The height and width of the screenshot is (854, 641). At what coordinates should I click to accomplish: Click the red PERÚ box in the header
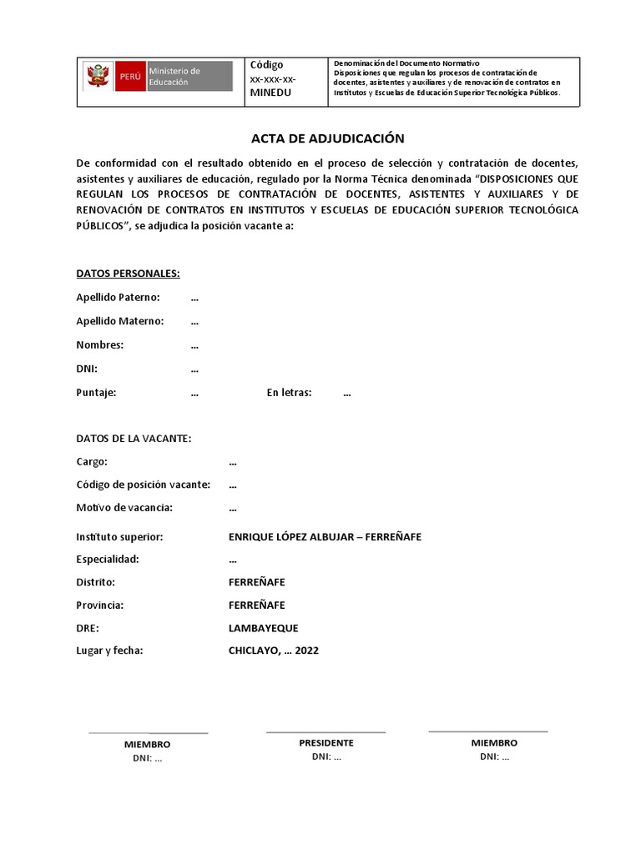point(130,76)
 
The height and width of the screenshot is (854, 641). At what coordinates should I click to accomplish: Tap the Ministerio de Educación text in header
point(174,76)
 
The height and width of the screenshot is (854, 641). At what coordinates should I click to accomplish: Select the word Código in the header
point(267,65)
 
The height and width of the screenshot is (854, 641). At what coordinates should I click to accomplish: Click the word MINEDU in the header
point(271,93)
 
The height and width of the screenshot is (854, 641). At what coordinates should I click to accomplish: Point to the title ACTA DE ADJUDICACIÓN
point(327,138)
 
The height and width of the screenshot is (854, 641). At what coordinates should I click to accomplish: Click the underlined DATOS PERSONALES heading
point(128,274)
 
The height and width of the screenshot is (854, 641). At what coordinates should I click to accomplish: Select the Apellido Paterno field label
point(118,298)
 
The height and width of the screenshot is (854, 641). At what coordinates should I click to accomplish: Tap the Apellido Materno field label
point(119,321)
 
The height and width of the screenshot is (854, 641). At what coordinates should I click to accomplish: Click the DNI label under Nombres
point(87,369)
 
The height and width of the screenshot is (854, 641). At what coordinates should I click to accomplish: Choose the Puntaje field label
point(96,393)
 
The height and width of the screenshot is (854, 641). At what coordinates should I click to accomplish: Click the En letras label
point(289,393)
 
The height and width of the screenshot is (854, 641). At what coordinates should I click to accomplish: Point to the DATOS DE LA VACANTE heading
point(134,439)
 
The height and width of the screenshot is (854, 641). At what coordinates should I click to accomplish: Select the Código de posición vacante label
point(143,485)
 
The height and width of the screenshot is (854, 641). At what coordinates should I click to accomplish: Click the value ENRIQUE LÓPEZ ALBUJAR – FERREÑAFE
point(325,536)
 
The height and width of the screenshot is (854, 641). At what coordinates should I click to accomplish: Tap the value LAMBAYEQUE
point(263,628)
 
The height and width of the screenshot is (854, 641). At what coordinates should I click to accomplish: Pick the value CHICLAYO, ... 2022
point(273,651)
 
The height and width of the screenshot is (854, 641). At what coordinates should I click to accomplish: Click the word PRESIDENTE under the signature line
point(326,743)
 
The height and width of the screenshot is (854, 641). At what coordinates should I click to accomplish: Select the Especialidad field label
point(108,559)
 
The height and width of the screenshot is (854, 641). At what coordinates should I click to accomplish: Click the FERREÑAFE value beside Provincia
point(256,605)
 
